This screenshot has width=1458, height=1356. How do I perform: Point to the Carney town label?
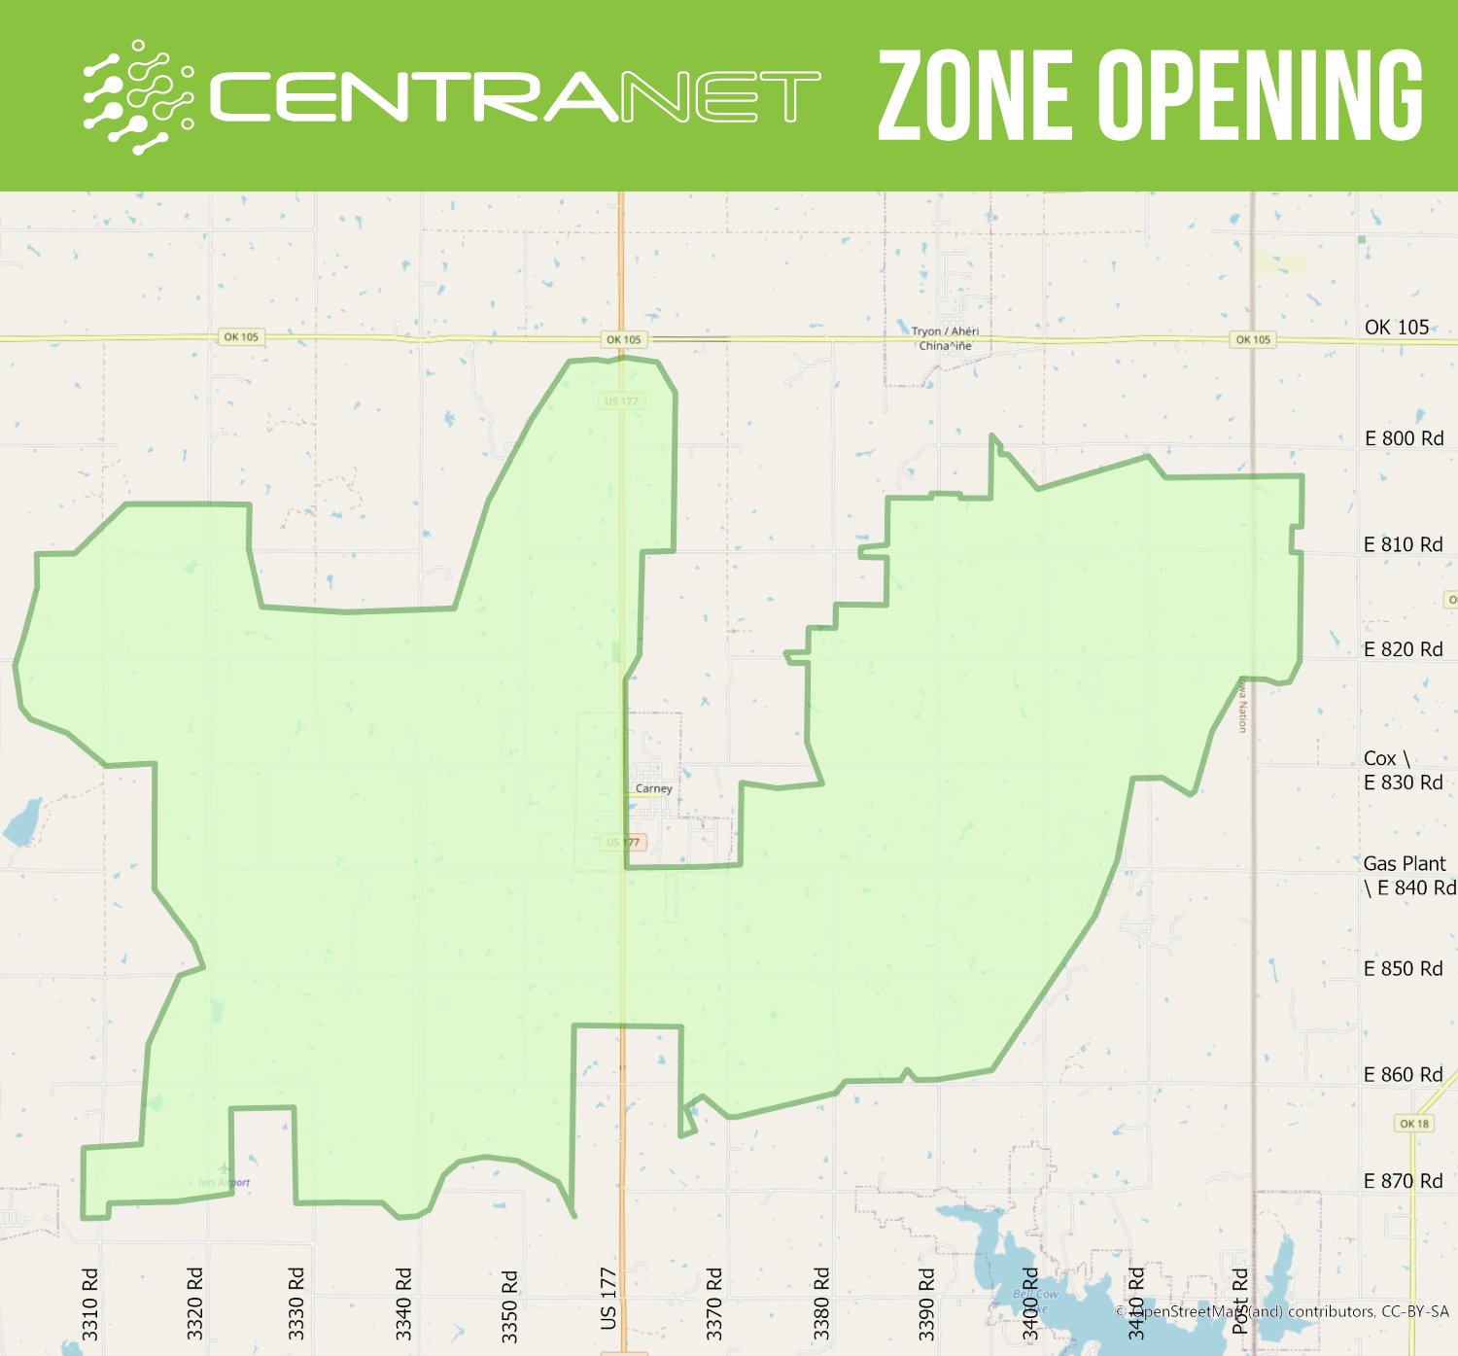click(x=653, y=788)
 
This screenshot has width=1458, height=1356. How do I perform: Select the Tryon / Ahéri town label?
click(x=945, y=331)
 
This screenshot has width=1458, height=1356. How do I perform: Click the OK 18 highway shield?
click(x=1414, y=1124)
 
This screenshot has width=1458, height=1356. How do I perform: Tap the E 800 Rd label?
click(x=1404, y=438)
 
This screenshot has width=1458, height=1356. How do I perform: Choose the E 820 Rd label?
click(x=1403, y=649)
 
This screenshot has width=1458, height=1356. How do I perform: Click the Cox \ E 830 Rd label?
click(x=1403, y=770)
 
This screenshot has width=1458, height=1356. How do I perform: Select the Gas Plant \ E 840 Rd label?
click(x=1408, y=875)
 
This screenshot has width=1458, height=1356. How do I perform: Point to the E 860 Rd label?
click(x=1403, y=1074)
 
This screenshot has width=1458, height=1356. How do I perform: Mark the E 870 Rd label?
click(x=1403, y=1181)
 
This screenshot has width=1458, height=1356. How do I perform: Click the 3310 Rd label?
click(x=90, y=1304)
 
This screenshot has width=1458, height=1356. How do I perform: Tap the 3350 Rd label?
click(x=509, y=1305)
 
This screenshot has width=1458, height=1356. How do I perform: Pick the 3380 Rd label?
click(x=821, y=1303)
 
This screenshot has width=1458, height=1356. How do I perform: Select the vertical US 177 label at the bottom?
click(x=608, y=1298)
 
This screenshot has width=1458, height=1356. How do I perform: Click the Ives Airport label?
click(x=225, y=1183)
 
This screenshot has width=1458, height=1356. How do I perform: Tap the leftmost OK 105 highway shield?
click(x=241, y=337)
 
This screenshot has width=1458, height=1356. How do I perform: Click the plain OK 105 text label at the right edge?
click(x=1396, y=328)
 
